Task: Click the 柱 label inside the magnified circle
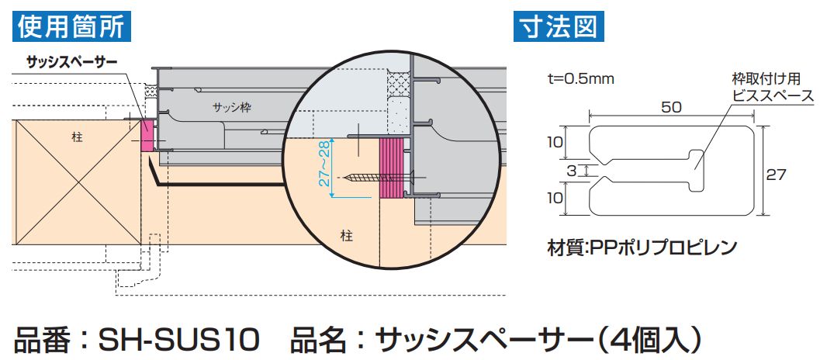pos(347,235)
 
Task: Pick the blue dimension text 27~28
pos(326,165)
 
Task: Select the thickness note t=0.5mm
pos(581,78)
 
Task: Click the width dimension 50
pos(672,108)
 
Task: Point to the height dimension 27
pos(777,175)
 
